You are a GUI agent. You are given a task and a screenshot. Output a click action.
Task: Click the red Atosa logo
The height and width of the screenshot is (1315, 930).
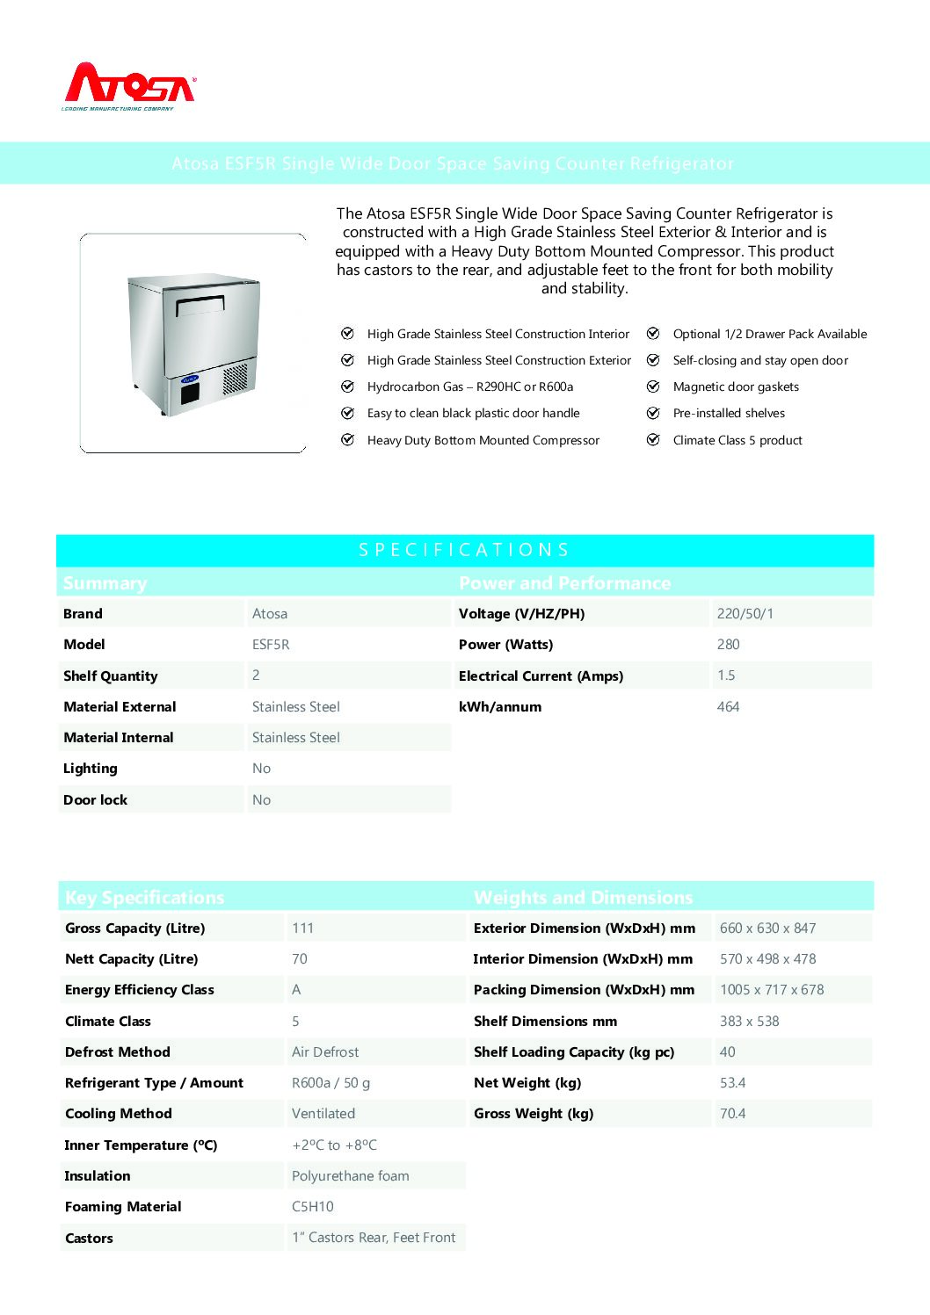(129, 86)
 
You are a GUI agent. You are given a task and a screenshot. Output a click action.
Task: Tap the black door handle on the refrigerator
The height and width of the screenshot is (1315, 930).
(200, 305)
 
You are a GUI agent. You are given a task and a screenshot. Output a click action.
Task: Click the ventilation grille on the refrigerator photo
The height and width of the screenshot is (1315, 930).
(235, 379)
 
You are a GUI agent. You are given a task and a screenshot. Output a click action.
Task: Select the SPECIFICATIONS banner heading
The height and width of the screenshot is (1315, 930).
(464, 550)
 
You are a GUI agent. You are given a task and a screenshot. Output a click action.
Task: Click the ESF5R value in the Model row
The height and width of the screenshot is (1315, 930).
(271, 645)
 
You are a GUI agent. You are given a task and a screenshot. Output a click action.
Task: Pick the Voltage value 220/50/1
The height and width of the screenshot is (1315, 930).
(745, 614)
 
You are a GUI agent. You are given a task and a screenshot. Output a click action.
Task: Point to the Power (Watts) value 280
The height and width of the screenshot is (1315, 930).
(729, 645)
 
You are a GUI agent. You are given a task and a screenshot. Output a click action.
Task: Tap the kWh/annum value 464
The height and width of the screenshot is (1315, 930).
(729, 707)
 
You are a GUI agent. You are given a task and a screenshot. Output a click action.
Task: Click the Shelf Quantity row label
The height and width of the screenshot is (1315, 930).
(111, 676)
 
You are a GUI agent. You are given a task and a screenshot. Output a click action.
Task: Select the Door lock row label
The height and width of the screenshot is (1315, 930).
(96, 800)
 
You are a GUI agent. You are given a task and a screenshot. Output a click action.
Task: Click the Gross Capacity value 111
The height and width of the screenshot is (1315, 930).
(303, 928)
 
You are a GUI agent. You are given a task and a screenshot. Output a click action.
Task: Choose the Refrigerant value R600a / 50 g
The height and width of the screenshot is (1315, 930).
(331, 1083)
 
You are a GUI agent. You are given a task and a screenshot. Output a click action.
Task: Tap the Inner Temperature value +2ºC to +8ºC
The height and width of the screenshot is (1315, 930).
(335, 1145)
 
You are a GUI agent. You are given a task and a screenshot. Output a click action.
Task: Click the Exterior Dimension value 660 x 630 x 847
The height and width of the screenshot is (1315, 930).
(768, 928)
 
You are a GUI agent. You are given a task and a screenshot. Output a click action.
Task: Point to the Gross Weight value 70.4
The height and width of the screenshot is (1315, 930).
(733, 1114)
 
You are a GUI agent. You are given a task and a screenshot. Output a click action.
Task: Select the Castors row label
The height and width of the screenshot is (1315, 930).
(90, 1239)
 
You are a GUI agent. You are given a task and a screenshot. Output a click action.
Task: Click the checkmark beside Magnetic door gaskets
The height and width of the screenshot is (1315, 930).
(653, 387)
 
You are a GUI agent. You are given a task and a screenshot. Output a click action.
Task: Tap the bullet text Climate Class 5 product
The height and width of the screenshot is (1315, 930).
(737, 440)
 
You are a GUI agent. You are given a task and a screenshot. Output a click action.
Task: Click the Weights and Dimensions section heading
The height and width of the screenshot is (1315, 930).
(584, 898)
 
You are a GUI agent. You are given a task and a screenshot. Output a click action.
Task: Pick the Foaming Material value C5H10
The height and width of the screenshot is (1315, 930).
(313, 1207)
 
